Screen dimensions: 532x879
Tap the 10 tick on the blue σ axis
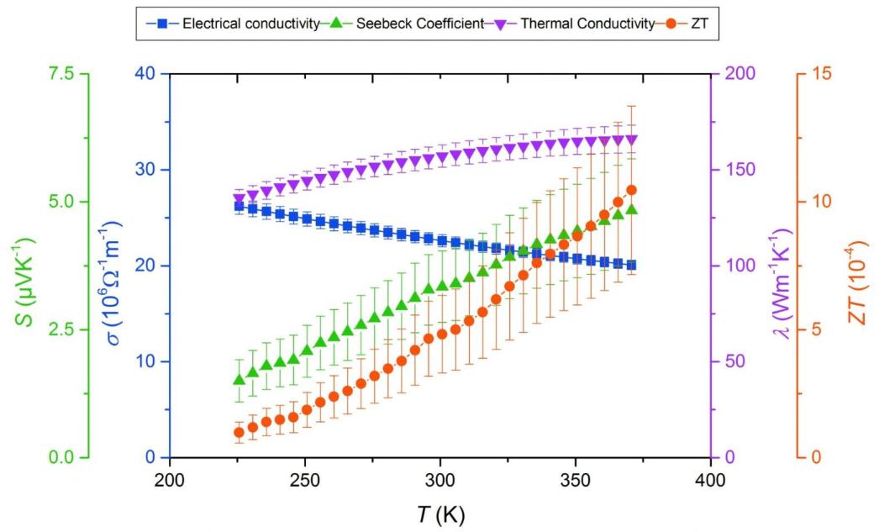148,361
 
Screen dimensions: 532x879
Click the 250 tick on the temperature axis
304,480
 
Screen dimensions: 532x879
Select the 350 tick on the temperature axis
575,480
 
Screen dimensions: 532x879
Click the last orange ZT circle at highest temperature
631,191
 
